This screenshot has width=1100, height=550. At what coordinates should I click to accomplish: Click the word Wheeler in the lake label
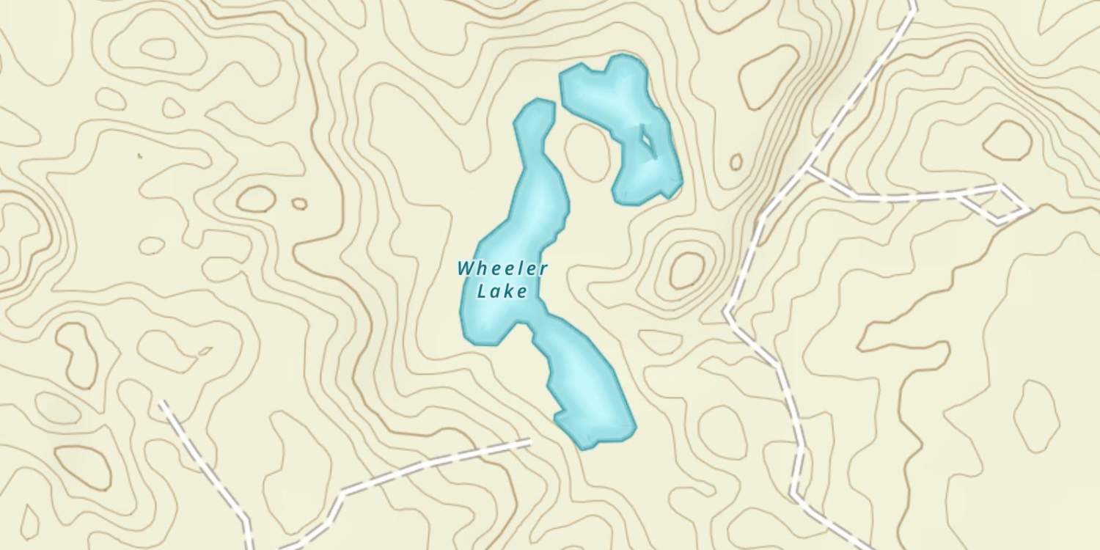(502, 268)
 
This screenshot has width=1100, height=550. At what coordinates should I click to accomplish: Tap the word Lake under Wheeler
(502, 291)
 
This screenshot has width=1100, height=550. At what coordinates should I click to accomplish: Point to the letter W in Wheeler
(466, 268)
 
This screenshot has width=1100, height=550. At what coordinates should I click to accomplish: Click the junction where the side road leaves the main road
(808, 171)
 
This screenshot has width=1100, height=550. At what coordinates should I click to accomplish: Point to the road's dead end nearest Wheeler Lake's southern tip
(528, 441)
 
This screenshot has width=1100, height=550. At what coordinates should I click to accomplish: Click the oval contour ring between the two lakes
(586, 151)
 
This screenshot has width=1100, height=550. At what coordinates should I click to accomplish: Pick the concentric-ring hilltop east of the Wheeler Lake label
(686, 270)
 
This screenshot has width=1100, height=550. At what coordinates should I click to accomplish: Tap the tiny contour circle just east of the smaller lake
(736, 161)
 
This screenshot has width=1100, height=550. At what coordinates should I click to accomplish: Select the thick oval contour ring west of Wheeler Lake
(256, 199)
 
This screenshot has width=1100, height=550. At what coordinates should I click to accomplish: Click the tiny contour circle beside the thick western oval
(299, 204)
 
